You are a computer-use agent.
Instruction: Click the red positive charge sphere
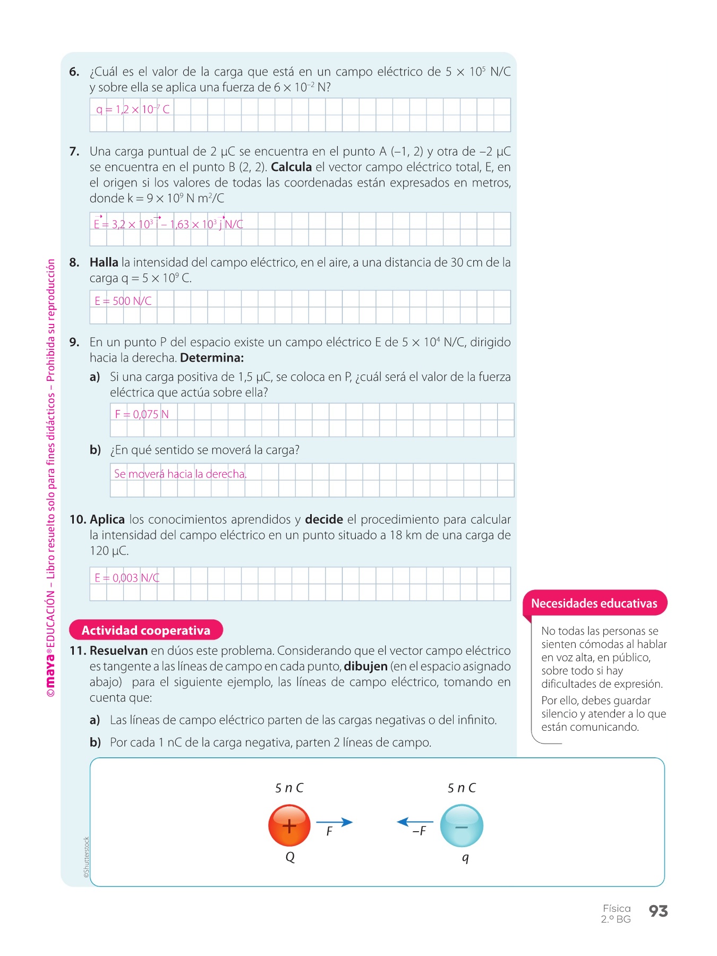click(289, 825)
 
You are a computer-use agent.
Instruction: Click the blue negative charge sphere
click(462, 826)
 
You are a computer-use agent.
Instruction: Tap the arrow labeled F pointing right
click(335, 822)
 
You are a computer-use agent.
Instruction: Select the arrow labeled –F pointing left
click(415, 822)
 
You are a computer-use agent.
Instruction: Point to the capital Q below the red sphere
click(290, 857)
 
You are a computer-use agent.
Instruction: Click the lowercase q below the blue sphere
click(465, 857)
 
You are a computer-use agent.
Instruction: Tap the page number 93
click(658, 911)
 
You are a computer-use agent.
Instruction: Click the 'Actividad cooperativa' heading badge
click(146, 630)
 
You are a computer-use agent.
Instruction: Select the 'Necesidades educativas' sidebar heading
click(594, 603)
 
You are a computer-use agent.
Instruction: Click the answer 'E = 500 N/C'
click(123, 301)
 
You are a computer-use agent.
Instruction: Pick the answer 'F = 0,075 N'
click(142, 414)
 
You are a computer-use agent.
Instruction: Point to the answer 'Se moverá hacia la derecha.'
click(180, 474)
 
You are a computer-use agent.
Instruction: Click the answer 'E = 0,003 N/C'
click(127, 578)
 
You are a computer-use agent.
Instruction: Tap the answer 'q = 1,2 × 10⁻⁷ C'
click(133, 109)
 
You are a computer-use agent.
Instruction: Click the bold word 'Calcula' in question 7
click(291, 167)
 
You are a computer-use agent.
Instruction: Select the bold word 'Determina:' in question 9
click(212, 357)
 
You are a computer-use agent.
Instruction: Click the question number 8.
click(74, 262)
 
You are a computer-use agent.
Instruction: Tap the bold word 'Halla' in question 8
click(104, 262)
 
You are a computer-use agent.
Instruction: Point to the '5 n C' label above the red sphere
click(289, 788)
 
